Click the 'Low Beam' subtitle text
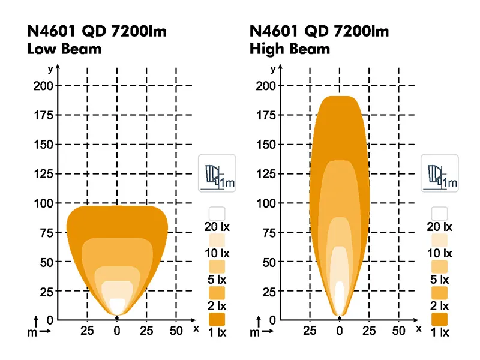pos(65,49)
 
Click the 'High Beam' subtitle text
pos(290,49)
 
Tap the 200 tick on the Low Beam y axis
pos(43,85)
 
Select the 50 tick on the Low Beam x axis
pos(176,331)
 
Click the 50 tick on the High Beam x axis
pos(398,331)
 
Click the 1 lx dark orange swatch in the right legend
pos(440,319)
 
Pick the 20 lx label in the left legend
pos(217,227)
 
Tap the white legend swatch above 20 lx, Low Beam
pos(217,213)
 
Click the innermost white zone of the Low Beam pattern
pos(118,305)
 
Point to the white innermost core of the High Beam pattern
pos(340,297)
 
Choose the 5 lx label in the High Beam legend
pos(440,280)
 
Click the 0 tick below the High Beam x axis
pos(340,331)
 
